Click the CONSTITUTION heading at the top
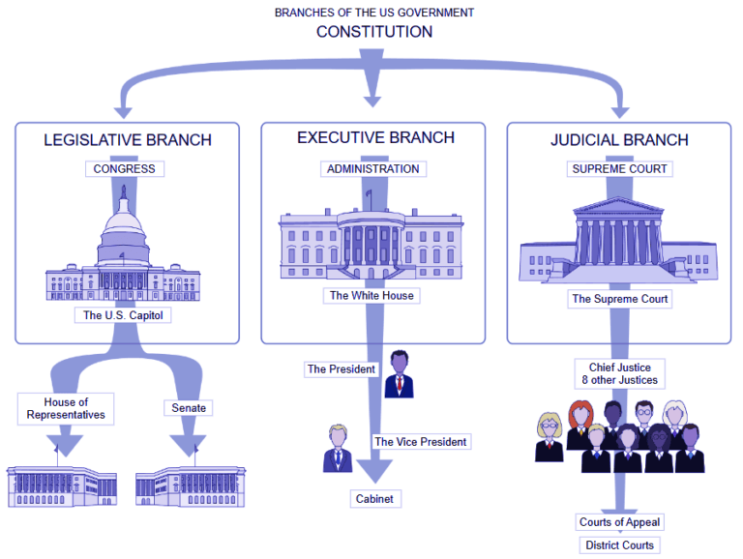tap(374, 32)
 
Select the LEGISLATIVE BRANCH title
tap(127, 140)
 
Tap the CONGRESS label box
tap(124, 169)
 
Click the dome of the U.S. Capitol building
tap(123, 227)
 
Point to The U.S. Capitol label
tap(123, 315)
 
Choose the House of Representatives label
tap(66, 408)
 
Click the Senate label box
tap(189, 408)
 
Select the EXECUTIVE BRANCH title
tap(375, 138)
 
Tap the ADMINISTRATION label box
tap(372, 169)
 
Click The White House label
tap(371, 296)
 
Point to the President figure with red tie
tap(399, 375)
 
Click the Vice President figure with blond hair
tap(338, 448)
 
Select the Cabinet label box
tap(374, 499)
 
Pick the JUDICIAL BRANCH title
tap(619, 140)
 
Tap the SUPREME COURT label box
tap(619, 169)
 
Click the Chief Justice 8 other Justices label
tap(619, 373)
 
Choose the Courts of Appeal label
tap(619, 522)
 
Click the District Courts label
tap(619, 545)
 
